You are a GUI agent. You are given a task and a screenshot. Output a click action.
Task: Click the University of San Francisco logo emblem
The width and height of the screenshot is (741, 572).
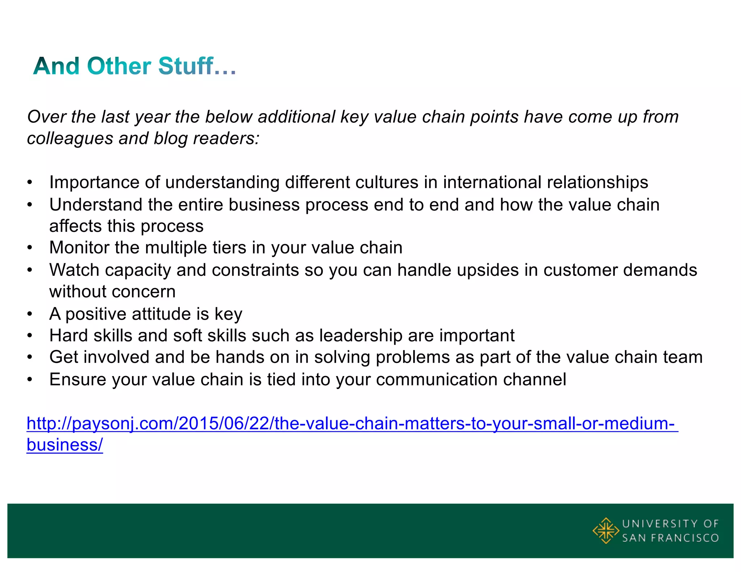[x=605, y=530]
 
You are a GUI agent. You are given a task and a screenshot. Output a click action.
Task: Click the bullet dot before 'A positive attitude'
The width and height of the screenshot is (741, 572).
[x=30, y=314]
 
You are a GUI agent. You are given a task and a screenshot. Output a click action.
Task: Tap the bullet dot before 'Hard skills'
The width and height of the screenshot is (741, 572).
[x=30, y=336]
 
